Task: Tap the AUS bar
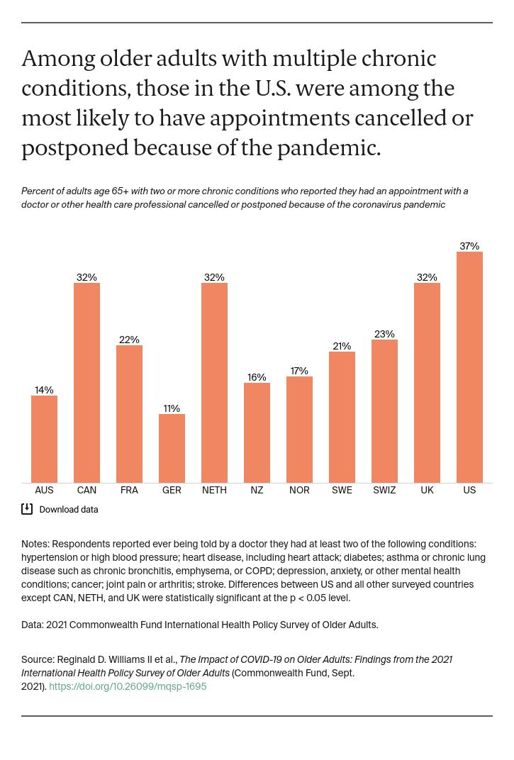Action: [44, 439]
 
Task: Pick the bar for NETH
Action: [214, 383]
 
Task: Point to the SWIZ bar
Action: [384, 411]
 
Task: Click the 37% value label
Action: [469, 246]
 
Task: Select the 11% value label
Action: [172, 408]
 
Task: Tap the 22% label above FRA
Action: [129, 340]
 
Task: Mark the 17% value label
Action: [299, 371]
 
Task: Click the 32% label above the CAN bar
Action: [86, 277]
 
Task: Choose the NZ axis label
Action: [257, 490]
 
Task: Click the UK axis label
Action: [427, 490]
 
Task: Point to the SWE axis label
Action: [342, 490]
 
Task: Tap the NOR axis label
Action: [299, 490]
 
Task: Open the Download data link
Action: [68, 509]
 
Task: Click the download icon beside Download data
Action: [27, 508]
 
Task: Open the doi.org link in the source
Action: [128, 686]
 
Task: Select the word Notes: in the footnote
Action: [35, 544]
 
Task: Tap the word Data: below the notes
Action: [33, 625]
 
